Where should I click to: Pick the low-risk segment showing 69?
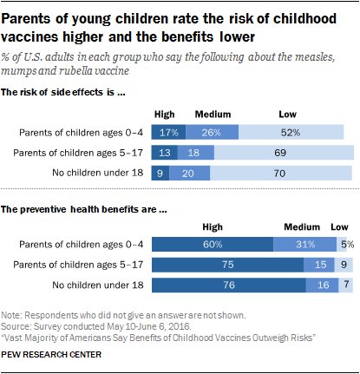coord(279,151)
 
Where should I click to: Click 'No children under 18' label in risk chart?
coord(95,171)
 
